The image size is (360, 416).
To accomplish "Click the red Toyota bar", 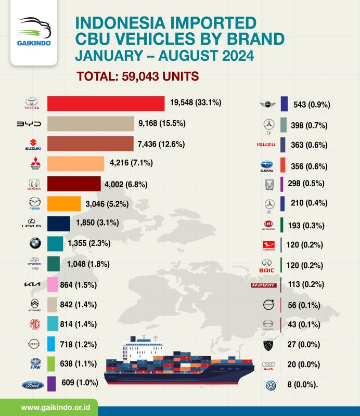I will [106, 104].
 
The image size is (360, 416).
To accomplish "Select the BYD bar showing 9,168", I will [91, 124].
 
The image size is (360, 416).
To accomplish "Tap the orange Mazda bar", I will [64, 203].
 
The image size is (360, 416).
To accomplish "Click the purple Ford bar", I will [52, 384].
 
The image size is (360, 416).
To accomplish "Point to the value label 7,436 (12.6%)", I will [162, 144].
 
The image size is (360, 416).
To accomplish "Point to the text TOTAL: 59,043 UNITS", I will [138, 76].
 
